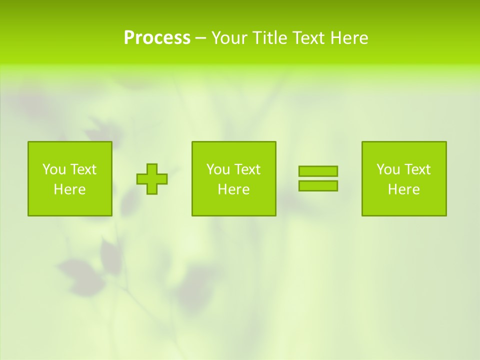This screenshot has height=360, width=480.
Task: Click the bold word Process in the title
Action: pyautogui.click(x=157, y=38)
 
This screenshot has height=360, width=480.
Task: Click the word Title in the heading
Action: pyautogui.click(x=270, y=38)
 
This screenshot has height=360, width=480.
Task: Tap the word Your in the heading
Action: pyautogui.click(x=229, y=38)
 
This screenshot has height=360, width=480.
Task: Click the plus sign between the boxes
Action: pyautogui.click(x=152, y=179)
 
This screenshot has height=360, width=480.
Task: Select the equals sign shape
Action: pyautogui.click(x=318, y=178)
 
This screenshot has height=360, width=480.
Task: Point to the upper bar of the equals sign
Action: pyautogui.click(x=318, y=171)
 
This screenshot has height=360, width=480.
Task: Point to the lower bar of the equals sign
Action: pyautogui.click(x=318, y=185)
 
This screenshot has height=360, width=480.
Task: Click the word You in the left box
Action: pyautogui.click(x=53, y=169)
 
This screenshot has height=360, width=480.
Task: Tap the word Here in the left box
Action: pyautogui.click(x=70, y=189)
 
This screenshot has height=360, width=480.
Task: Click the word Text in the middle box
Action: pyautogui.click(x=247, y=169)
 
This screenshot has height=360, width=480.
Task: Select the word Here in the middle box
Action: pyautogui.click(x=234, y=189)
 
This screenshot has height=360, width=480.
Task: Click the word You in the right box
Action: pyautogui.click(x=387, y=169)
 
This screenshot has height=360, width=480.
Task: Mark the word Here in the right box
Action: pyautogui.click(x=404, y=189)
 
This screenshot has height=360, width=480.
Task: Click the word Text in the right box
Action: pyautogui.click(x=417, y=169)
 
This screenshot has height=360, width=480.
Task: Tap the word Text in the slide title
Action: pyautogui.click(x=309, y=38)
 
